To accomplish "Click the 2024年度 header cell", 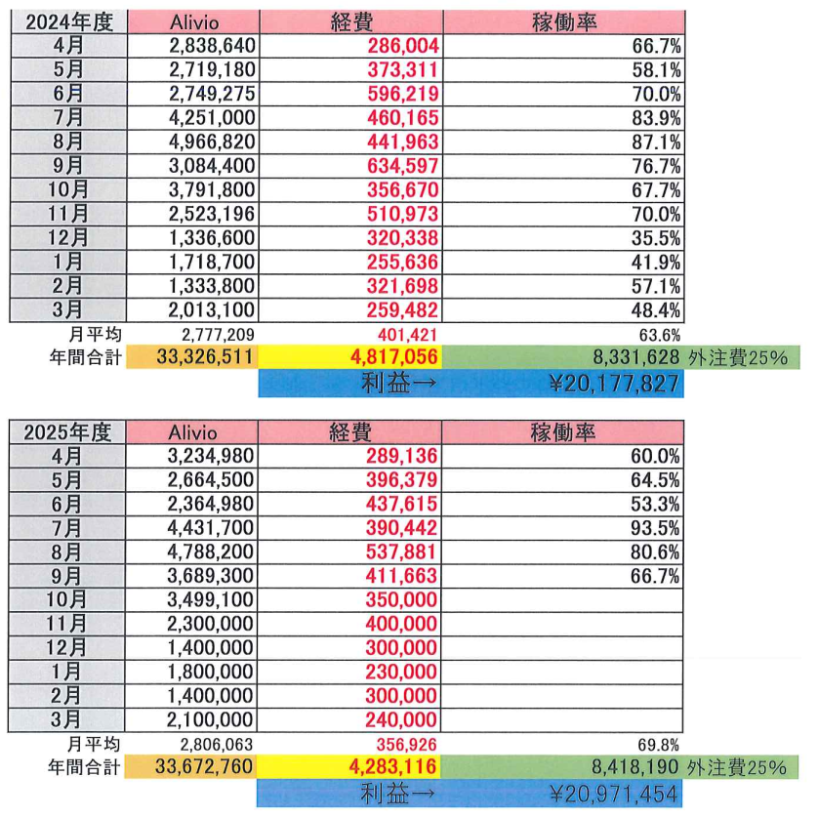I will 67,21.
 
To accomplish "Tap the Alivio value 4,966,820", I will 210,133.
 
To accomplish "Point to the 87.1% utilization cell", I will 655,133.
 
